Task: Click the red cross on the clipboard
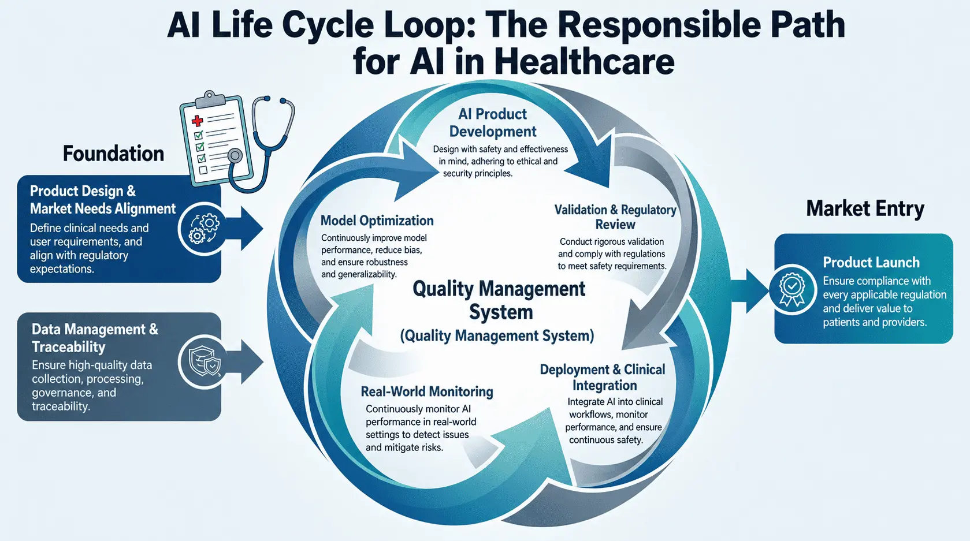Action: [x=198, y=120]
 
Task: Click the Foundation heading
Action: [x=113, y=154]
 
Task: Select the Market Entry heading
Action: [x=865, y=208]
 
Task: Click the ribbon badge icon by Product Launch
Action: [x=792, y=289]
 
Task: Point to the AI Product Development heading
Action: [x=493, y=122]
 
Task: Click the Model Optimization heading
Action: [x=377, y=221]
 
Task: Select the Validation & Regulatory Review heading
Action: [x=615, y=217]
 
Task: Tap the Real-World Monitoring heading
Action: [x=427, y=391]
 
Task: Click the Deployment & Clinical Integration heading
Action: [x=603, y=378]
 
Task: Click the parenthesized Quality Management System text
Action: [x=497, y=336]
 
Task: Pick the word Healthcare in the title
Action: [x=584, y=62]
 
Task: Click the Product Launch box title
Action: [x=871, y=262]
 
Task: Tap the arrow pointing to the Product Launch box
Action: [x=750, y=291]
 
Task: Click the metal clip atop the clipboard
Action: [x=210, y=99]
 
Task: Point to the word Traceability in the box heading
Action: [x=68, y=347]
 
